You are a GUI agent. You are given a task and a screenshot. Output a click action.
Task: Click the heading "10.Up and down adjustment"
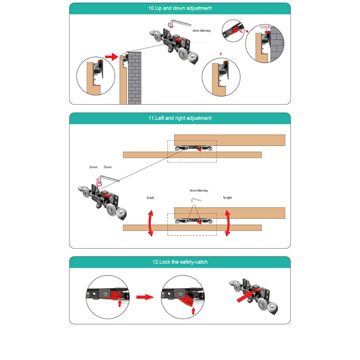180,8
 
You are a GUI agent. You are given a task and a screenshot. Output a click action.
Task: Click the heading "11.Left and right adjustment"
180,118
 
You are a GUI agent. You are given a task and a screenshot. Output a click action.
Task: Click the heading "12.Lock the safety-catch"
180,262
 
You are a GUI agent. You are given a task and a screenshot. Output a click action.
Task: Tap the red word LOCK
265,27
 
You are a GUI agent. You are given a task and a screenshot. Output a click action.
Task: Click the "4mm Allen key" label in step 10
201,31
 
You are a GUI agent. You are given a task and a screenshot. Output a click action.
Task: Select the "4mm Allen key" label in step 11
199,191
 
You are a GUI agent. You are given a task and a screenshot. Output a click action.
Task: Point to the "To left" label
150,198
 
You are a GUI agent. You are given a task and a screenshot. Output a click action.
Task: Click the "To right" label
227,198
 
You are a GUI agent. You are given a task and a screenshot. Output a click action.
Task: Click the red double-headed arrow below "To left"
150,223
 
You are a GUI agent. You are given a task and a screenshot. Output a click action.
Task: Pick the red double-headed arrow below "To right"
227,223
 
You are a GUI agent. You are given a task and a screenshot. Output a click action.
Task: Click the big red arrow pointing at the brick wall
111,57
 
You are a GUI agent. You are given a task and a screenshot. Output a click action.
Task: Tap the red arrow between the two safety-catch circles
145,297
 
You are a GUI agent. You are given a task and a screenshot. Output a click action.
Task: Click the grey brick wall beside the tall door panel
135,78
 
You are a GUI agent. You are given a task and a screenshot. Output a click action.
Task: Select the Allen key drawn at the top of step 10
180,23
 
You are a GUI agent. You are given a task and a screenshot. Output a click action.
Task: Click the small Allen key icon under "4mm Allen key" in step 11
196,200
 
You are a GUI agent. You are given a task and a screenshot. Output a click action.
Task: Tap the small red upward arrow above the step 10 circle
221,54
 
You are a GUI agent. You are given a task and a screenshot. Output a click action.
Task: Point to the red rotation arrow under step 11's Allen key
99,183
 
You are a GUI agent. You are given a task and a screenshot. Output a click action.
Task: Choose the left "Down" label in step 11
94,167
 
